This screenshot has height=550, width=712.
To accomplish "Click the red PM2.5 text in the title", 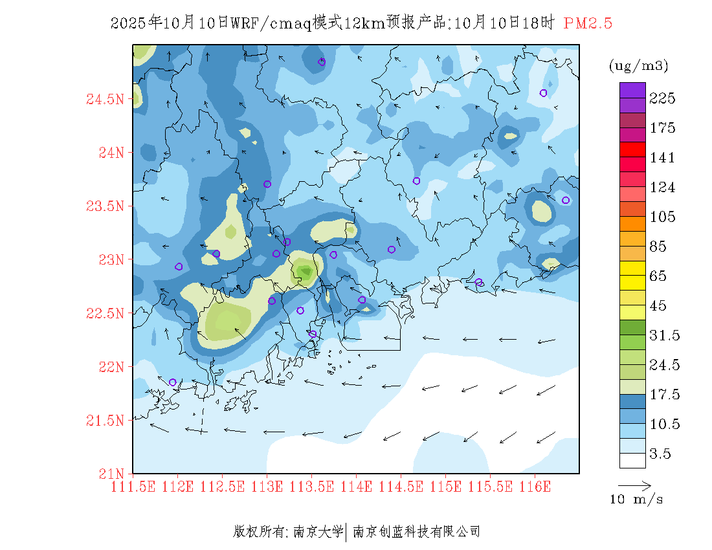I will pos(588,23).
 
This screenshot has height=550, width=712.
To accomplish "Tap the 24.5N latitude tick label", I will pos(105,100).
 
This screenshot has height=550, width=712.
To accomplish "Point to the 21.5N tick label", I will pos(105,421).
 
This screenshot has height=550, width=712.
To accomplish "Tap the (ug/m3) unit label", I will pos(638,65).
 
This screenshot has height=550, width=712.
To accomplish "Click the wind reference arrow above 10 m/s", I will pos(634,485).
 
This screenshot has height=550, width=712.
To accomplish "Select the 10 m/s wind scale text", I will pos(636,500).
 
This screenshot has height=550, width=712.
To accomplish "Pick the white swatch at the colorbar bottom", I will pos(632,460).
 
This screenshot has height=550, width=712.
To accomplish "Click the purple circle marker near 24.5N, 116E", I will pos(543,93).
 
